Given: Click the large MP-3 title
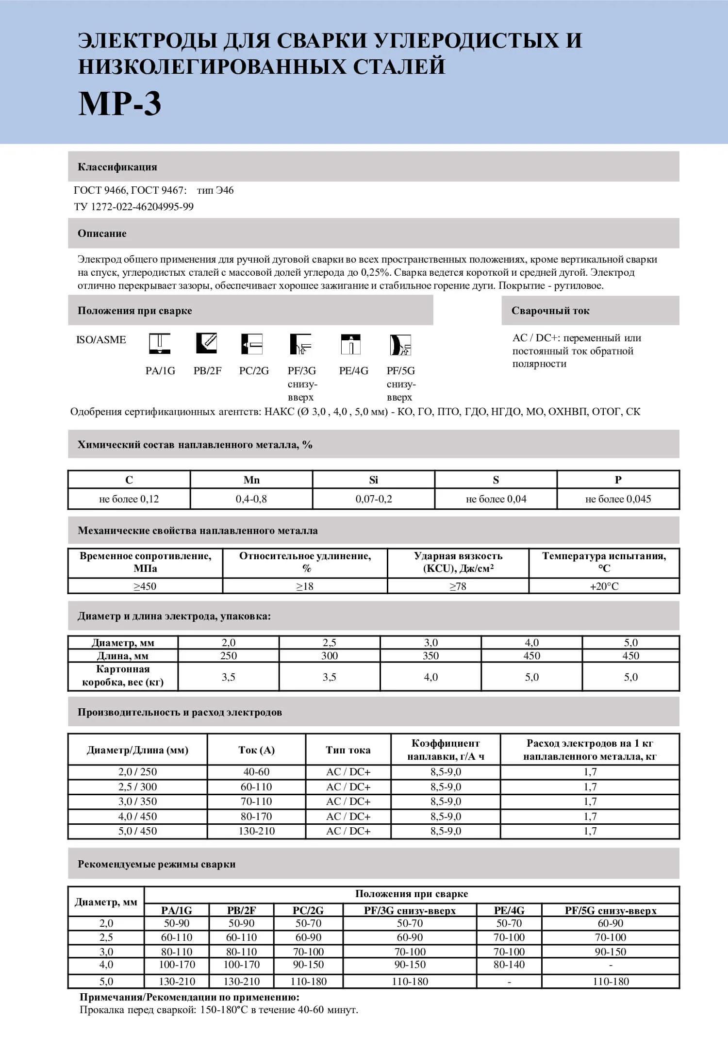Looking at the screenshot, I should click(x=119, y=104).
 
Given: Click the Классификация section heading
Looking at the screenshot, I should click(x=117, y=167).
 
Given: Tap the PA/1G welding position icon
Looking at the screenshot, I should click(x=160, y=344).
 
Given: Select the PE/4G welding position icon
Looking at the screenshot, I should click(x=350, y=344).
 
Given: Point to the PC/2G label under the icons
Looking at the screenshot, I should click(x=254, y=371).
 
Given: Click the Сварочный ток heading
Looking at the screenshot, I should click(x=550, y=311).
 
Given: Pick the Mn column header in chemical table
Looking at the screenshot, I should click(x=251, y=480).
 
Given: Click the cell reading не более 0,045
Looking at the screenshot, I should click(x=618, y=499).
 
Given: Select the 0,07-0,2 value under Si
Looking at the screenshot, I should click(x=374, y=499).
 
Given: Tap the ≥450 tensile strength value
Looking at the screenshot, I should click(x=145, y=586).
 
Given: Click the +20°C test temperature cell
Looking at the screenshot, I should click(x=604, y=586).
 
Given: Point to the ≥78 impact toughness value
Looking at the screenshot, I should click(x=458, y=586).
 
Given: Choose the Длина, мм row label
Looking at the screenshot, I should click(x=123, y=656).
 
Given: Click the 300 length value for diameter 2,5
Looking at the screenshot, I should click(x=330, y=656).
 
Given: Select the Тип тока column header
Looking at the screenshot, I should click(x=348, y=750).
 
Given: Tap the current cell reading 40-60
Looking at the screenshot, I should click(x=256, y=772).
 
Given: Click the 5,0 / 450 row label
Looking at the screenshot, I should click(x=138, y=831).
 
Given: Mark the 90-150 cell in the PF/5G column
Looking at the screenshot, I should click(x=611, y=952).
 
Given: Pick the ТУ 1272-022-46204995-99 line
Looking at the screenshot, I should click(x=134, y=207).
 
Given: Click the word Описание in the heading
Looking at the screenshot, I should click(x=102, y=234).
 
